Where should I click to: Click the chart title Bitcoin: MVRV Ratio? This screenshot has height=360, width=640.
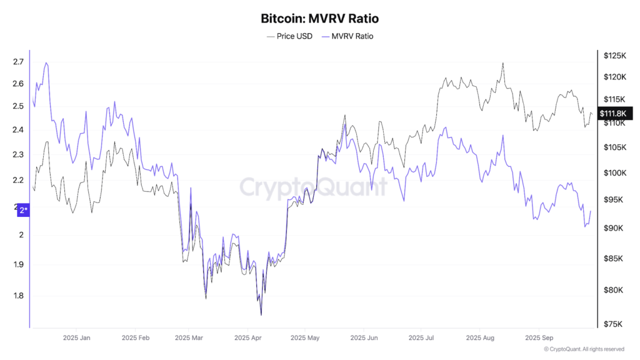319,19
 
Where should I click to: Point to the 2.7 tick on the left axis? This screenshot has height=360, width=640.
18,62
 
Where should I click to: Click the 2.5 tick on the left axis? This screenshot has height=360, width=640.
18,106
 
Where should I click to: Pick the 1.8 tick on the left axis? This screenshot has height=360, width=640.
18,296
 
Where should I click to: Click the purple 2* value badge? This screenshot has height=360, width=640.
23,211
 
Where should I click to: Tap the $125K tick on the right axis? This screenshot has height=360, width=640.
614,56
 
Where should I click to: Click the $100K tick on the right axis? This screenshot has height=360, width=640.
614,172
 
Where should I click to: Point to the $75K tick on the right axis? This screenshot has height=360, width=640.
613,324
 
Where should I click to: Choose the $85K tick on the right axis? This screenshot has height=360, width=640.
613,258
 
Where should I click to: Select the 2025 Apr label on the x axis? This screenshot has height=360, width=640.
247,337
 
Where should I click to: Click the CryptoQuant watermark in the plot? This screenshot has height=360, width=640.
314,187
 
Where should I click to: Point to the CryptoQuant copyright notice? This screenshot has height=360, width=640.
584,349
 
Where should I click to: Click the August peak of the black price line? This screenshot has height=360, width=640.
502,63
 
